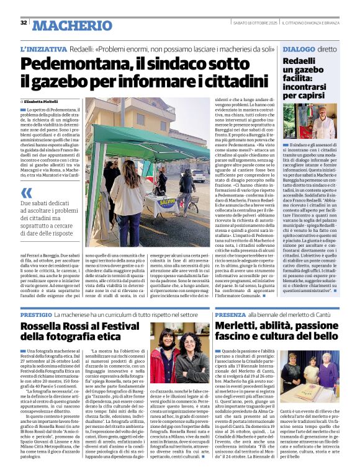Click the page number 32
24,23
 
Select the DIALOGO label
299,48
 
